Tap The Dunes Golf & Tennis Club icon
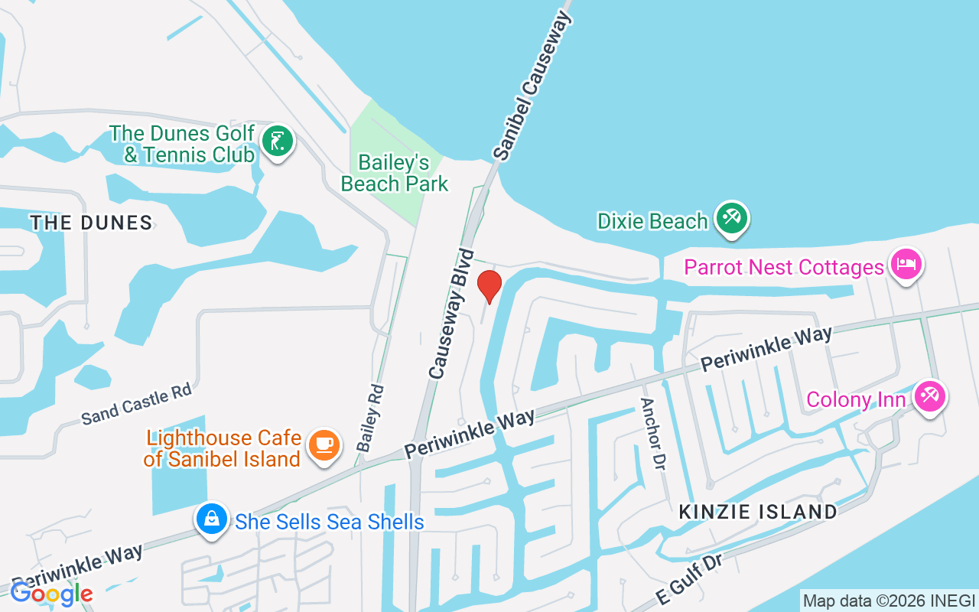(277, 142)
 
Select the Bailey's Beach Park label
(395, 174)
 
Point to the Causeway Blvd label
(451, 314)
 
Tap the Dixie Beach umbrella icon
(732, 219)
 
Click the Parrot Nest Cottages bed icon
(906, 265)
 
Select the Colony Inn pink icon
(930, 397)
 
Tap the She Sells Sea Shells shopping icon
(212, 520)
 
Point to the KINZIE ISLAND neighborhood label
(758, 512)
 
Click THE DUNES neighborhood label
(91, 223)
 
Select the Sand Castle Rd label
(136, 404)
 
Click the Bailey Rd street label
(370, 418)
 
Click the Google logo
(51, 594)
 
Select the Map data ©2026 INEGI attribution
(889, 601)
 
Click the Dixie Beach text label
(652, 221)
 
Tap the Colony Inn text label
(860, 399)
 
